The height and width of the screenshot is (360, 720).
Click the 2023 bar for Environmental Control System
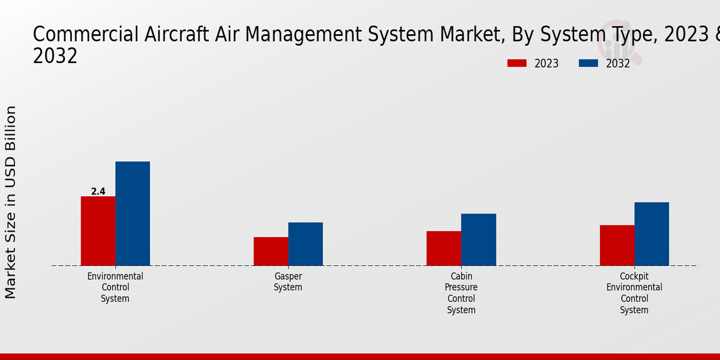98,231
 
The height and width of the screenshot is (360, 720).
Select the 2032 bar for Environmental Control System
133,214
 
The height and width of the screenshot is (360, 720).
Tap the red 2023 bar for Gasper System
271,251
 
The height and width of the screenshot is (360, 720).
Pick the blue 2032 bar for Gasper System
305,244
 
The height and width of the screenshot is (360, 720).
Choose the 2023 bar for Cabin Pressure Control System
444,248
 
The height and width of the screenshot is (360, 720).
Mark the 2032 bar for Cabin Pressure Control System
479,239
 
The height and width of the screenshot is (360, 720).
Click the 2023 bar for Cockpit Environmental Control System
617,245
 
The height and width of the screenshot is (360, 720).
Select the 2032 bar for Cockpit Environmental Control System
652,234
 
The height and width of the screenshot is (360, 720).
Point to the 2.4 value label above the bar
98,191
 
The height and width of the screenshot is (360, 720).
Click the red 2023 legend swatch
517,63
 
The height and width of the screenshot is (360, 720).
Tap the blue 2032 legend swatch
588,63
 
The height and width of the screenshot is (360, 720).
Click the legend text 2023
546,64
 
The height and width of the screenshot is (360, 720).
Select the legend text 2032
618,64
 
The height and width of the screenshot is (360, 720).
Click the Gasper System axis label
288,282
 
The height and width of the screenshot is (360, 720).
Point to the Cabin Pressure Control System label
461,293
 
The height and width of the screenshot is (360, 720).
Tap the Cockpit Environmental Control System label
634,293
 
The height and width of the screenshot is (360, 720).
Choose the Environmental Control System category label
115,287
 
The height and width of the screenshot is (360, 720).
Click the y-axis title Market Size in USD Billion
11,202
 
